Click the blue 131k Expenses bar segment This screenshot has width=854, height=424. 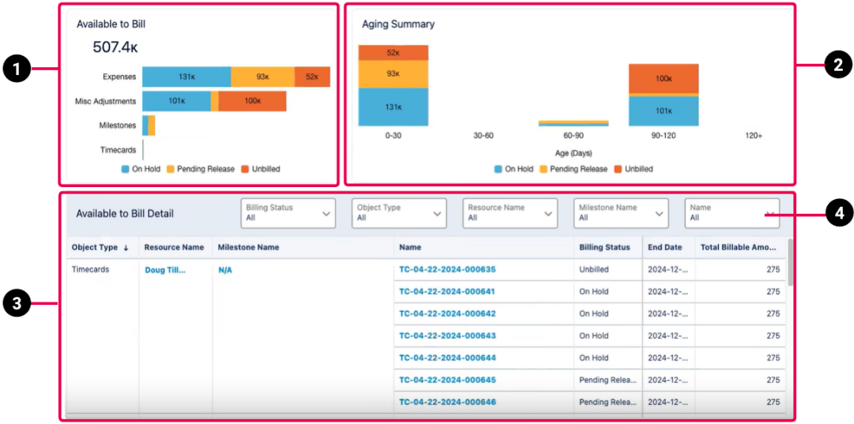186,77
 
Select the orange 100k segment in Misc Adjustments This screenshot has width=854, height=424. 252,101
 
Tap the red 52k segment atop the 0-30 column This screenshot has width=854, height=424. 393,53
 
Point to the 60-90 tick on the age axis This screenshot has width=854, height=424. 573,136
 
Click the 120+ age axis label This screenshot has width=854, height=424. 754,136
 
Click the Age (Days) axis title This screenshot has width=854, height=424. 573,153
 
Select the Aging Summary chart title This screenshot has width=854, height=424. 398,24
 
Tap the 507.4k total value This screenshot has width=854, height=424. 115,47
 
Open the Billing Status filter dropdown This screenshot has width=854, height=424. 288,213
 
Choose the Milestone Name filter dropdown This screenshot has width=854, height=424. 621,213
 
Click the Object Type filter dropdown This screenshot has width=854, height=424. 399,213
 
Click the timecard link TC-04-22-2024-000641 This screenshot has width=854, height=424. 447,291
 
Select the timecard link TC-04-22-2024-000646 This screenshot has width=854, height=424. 447,402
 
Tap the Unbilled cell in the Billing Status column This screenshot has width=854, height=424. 594,269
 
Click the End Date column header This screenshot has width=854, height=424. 665,247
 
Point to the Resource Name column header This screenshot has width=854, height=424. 174,247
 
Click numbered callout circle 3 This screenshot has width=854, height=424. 17,303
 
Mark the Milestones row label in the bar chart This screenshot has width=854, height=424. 118,126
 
